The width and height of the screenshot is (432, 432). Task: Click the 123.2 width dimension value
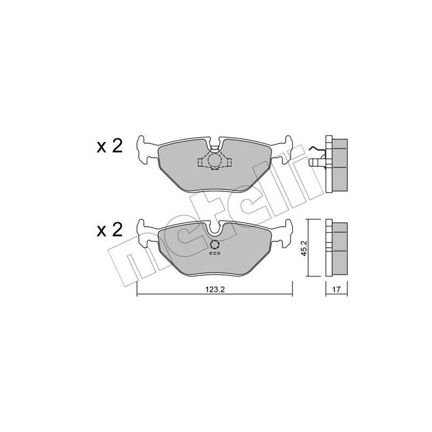(x=215, y=289)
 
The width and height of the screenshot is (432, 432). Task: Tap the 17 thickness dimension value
(x=336, y=289)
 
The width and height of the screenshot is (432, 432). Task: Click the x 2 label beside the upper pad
(x=110, y=146)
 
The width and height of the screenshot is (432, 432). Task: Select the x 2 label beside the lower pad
(x=110, y=230)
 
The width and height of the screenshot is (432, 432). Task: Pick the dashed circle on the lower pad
(x=214, y=245)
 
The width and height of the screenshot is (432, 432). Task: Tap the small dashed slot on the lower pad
(x=214, y=253)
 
